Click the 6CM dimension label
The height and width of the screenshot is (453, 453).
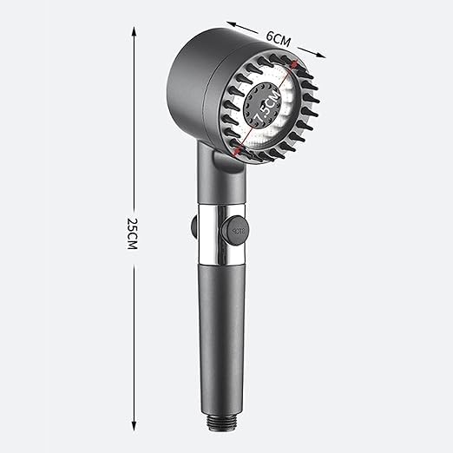click(x=277, y=38)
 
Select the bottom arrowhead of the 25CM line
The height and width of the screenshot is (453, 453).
click(x=134, y=424)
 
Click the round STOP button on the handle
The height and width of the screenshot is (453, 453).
click(x=239, y=232)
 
